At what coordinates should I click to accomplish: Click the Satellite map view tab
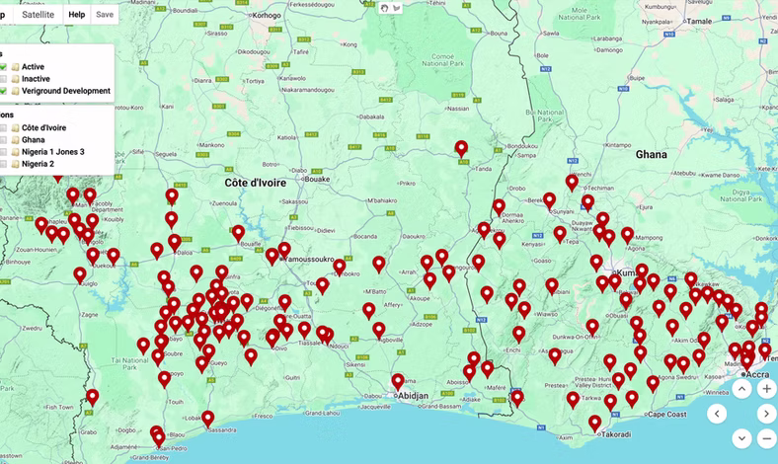point(38,15)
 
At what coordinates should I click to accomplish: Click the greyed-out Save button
point(105,15)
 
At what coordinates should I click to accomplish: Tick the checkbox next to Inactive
point(4,79)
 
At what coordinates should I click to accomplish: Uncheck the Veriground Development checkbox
point(4,91)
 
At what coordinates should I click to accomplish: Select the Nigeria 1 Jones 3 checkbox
point(4,152)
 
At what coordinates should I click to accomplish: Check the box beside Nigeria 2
point(4,164)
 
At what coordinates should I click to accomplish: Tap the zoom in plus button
point(766,389)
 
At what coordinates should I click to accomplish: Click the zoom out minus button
point(766,438)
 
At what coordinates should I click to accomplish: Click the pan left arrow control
point(717,414)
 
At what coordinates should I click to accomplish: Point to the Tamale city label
point(699,21)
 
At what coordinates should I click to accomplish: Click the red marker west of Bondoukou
point(461,150)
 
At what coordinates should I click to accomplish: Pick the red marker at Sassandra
point(207,419)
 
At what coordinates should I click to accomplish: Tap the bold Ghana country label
point(651,154)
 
